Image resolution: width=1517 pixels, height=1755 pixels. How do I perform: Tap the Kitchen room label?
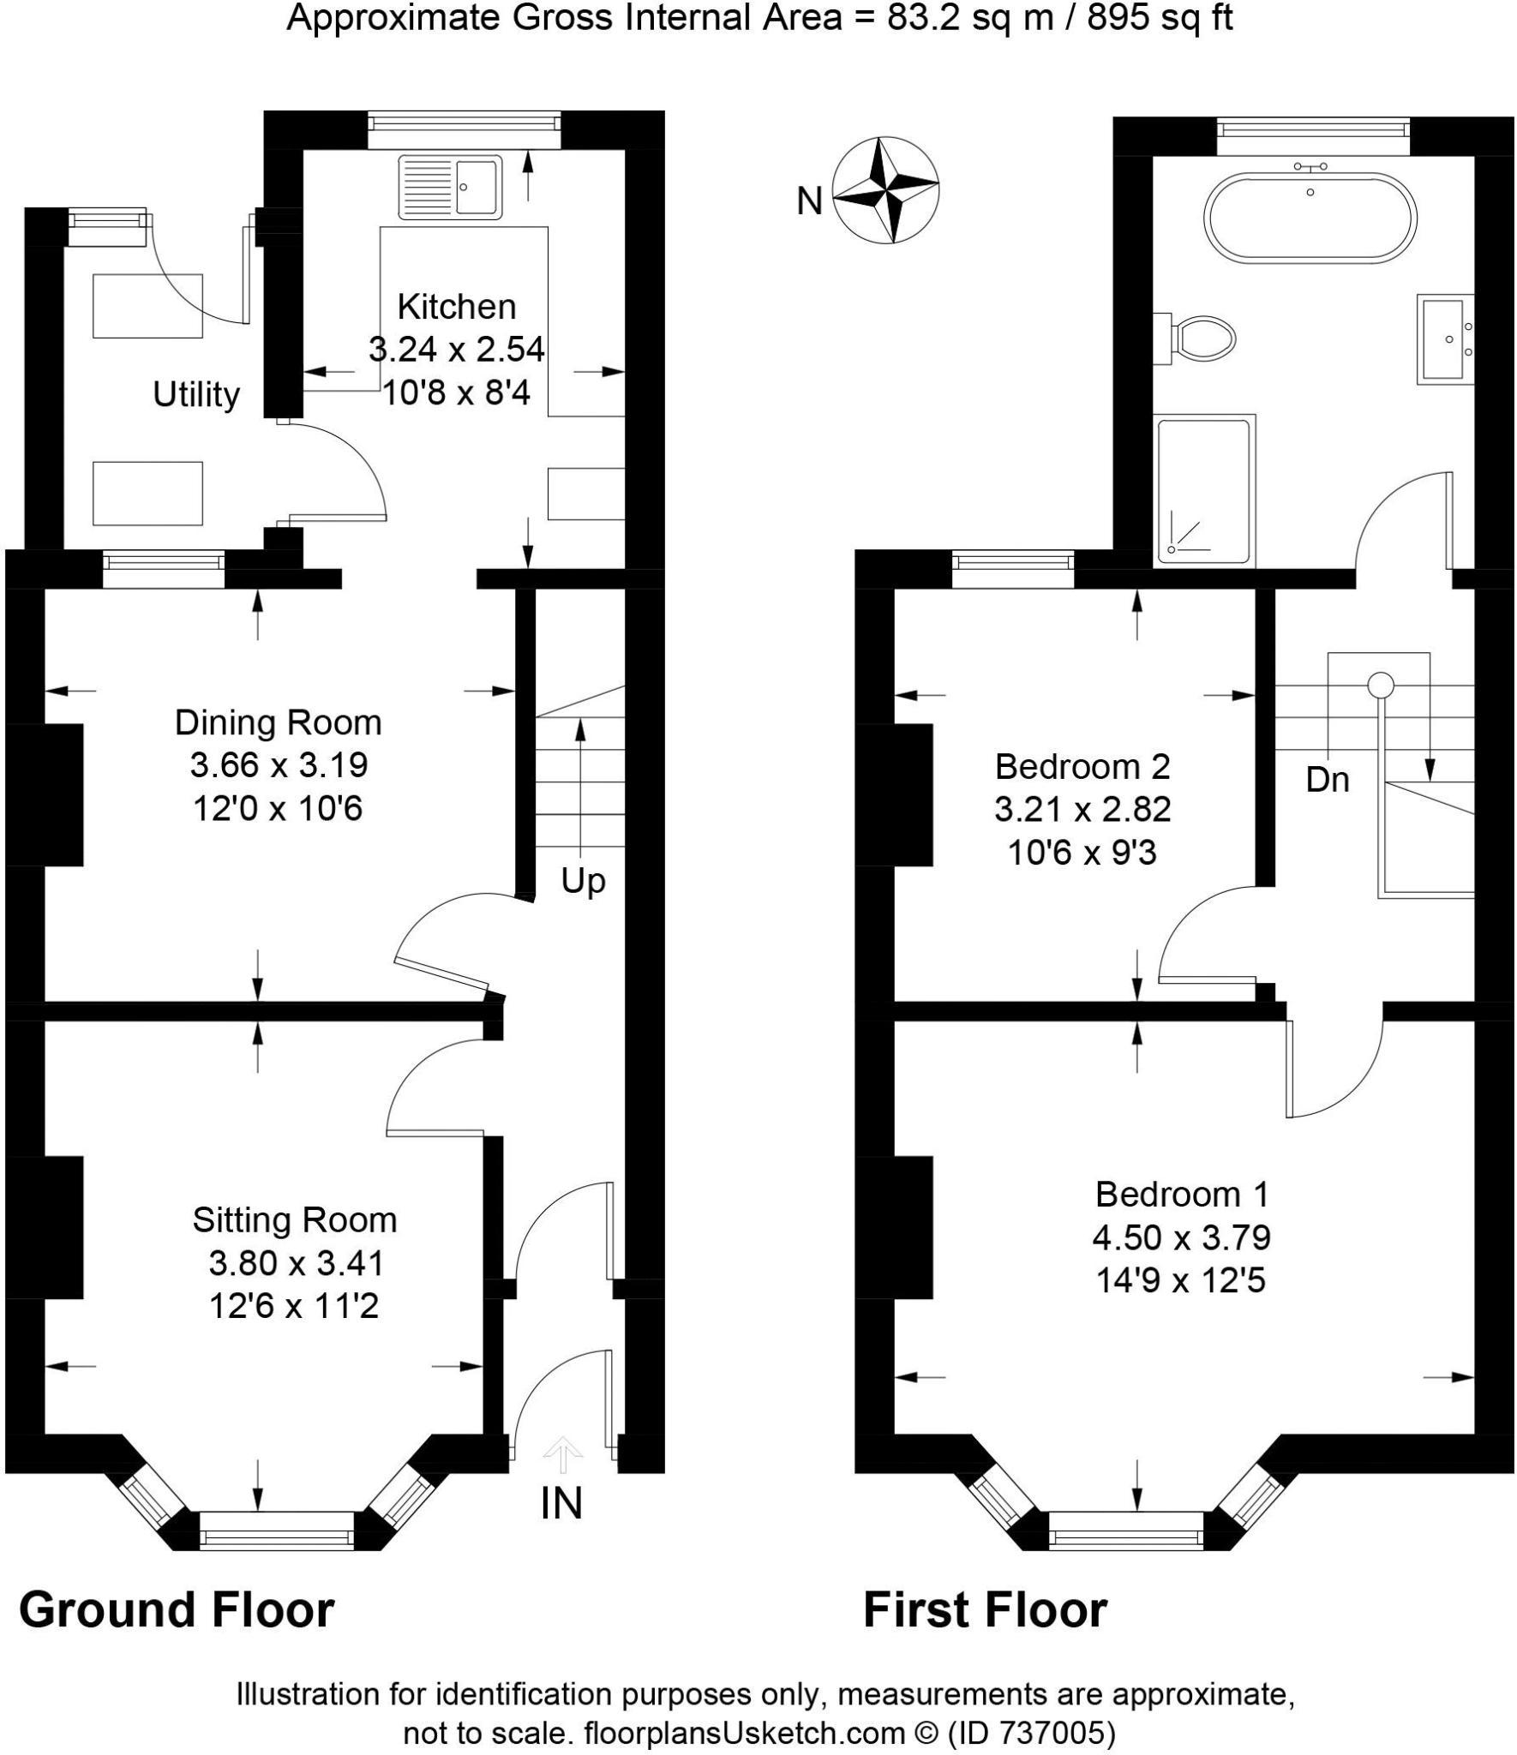(x=457, y=306)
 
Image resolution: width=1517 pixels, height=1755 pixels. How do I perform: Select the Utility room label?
(x=196, y=394)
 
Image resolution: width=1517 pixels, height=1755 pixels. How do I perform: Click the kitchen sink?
(x=451, y=186)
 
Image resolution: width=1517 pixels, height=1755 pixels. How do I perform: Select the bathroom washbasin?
(x=1445, y=338)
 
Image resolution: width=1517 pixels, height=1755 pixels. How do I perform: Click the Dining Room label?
(x=279, y=722)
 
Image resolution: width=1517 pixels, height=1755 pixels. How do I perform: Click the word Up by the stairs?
(x=583, y=882)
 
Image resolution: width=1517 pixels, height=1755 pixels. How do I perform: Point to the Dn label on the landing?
(x=1328, y=779)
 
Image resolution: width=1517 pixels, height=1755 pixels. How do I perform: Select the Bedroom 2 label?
(x=1082, y=765)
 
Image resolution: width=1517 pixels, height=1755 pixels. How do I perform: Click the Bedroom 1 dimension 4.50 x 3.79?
(x=1181, y=1237)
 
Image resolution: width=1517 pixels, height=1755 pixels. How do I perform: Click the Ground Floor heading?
(x=177, y=1609)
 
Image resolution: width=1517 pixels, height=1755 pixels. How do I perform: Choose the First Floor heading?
(x=985, y=1609)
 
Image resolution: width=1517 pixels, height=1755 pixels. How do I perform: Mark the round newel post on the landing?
(x=1380, y=685)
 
